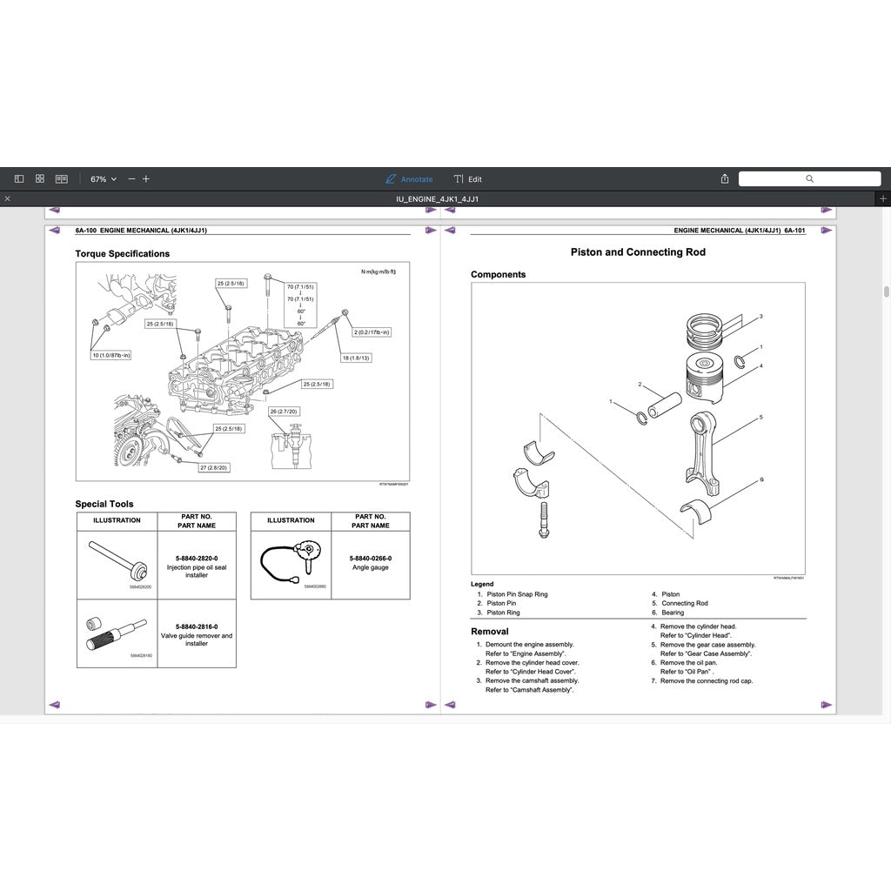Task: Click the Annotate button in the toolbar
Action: (x=409, y=179)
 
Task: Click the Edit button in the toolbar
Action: (x=467, y=179)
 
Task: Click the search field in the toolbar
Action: (x=809, y=178)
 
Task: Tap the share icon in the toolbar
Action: (x=725, y=179)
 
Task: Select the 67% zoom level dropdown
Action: (x=103, y=179)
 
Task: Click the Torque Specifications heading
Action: (x=123, y=254)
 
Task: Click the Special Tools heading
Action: (x=104, y=504)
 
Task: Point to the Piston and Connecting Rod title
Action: (x=638, y=252)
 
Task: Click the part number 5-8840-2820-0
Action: (x=197, y=558)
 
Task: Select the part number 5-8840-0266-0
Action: (x=371, y=558)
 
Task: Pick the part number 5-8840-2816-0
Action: (x=197, y=626)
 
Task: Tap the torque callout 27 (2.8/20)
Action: (x=214, y=467)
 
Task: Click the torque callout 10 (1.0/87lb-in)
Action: (x=112, y=355)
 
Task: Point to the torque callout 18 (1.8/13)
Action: (x=356, y=358)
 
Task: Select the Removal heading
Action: (x=490, y=632)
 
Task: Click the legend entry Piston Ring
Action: (x=503, y=613)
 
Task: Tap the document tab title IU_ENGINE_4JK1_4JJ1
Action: (x=438, y=199)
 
